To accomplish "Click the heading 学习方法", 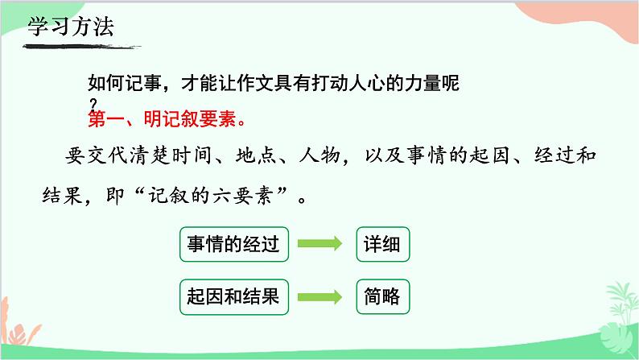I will (71, 26).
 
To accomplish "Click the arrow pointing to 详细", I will (321, 244).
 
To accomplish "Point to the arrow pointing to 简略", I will (321, 296).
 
